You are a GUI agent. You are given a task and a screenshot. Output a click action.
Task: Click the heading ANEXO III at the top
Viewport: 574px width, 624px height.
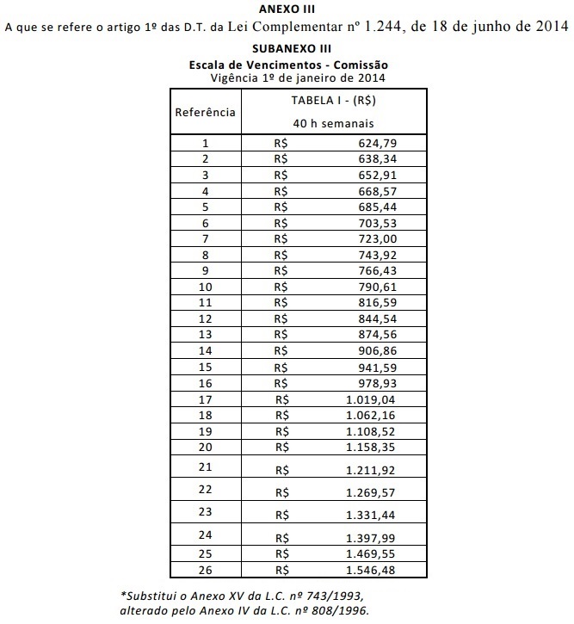pos(287,9)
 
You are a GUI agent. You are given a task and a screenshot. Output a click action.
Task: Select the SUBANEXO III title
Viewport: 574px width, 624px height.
pos(288,49)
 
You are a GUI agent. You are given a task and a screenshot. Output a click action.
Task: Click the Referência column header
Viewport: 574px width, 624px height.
pos(206,112)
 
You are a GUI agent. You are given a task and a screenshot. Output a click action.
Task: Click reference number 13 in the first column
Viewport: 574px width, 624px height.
pos(206,334)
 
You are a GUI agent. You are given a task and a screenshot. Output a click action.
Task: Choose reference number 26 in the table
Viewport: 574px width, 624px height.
pos(206,569)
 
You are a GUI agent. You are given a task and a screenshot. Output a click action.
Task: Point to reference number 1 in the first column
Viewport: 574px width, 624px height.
pos(206,143)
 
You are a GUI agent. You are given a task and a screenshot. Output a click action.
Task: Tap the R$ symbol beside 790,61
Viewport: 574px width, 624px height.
pos(280,287)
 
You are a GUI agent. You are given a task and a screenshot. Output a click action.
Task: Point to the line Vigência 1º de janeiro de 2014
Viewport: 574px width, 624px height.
pos(297,77)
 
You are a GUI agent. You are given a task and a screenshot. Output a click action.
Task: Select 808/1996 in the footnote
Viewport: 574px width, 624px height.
pos(343,610)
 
